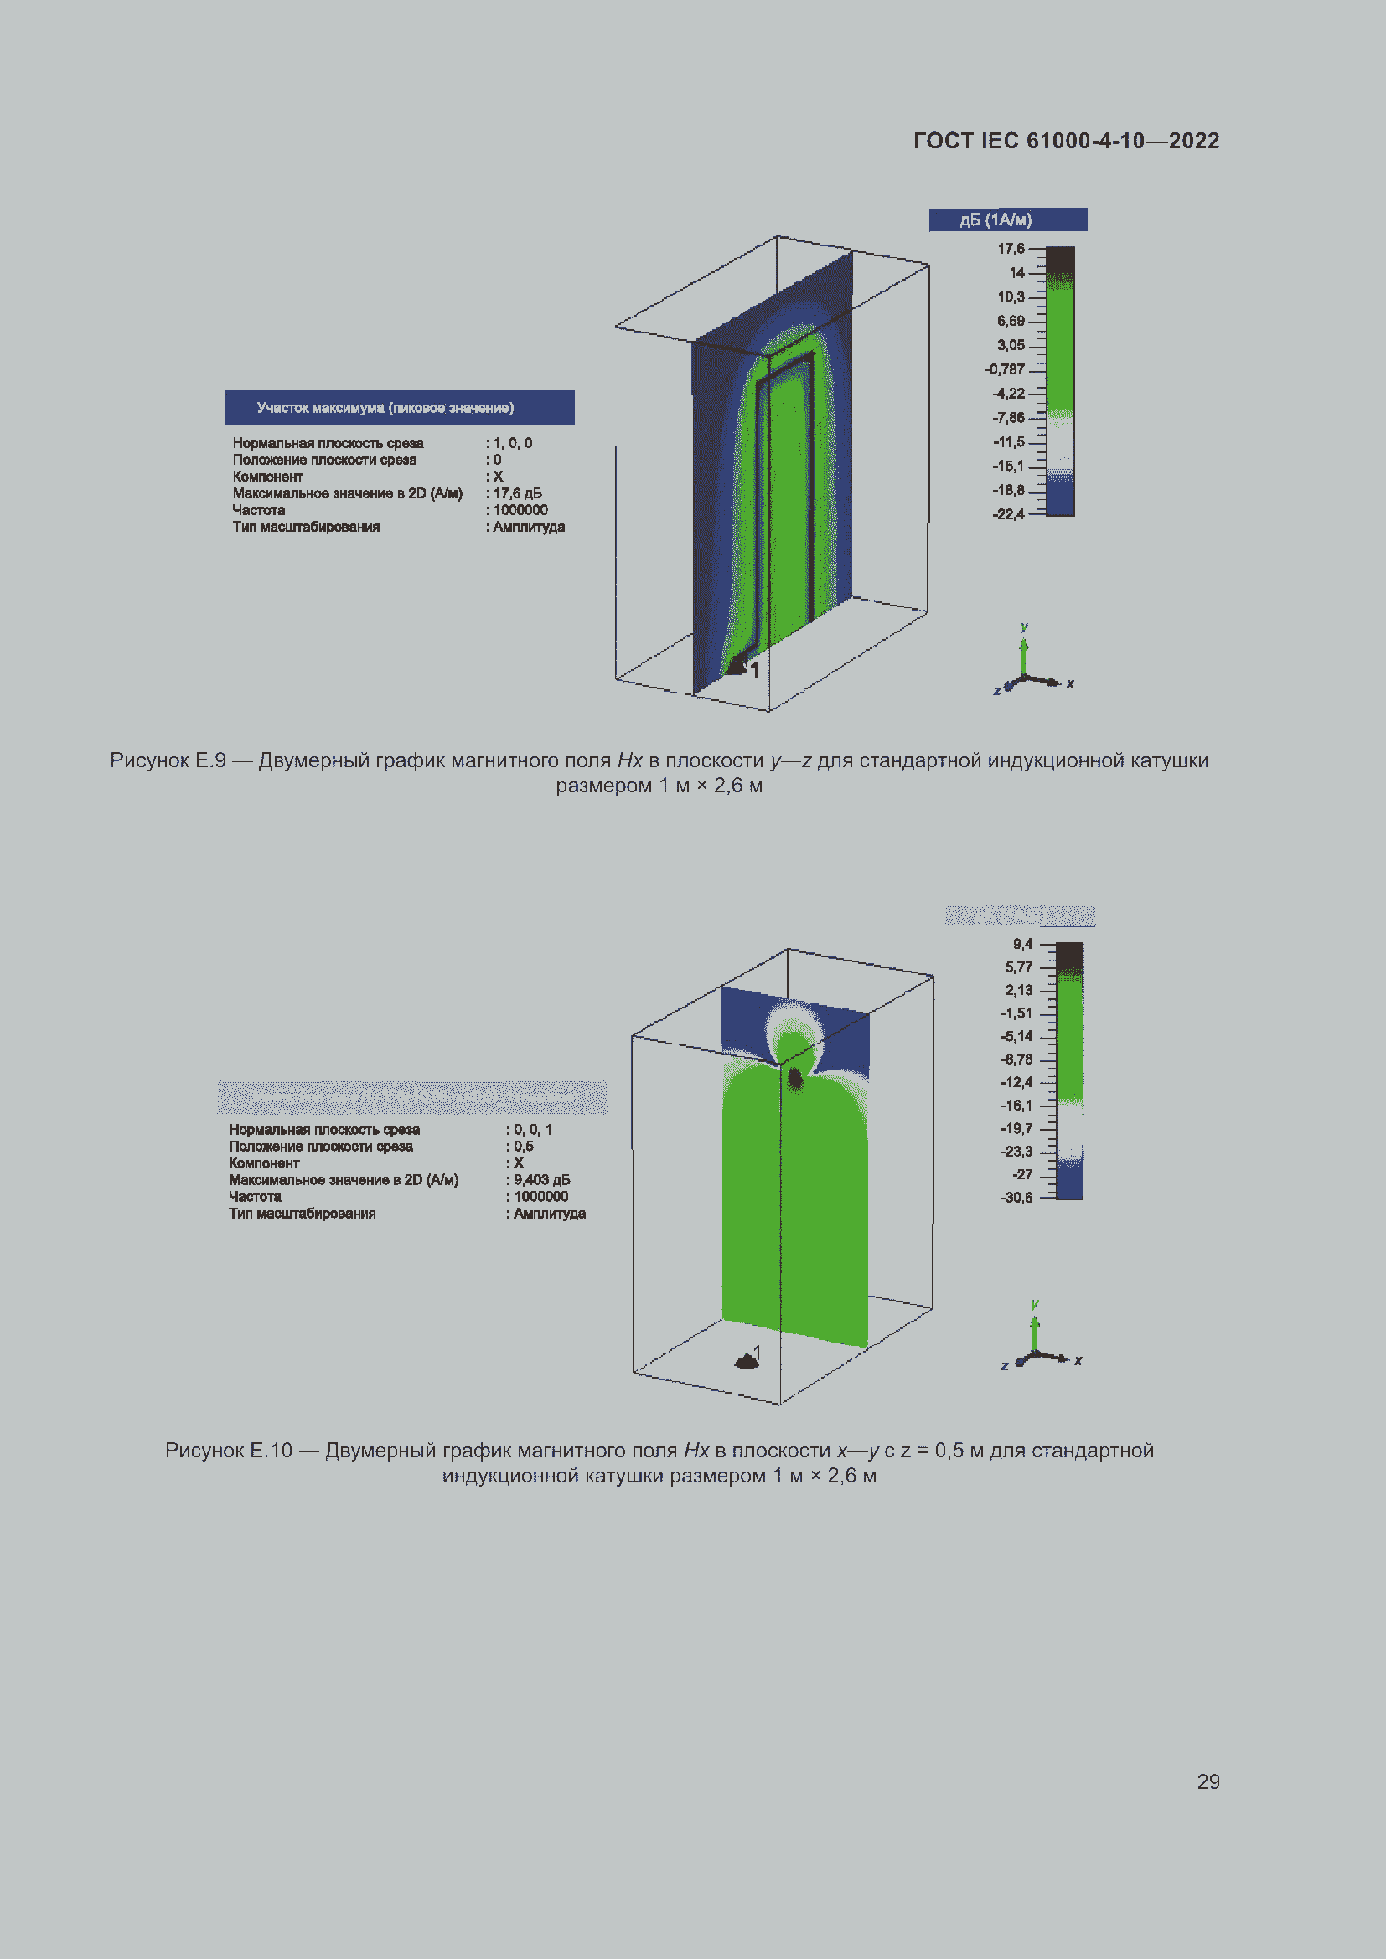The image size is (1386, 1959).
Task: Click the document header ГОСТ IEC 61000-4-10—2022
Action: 1066,141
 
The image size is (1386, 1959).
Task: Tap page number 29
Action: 1208,1781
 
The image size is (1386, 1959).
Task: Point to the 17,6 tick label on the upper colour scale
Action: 1011,249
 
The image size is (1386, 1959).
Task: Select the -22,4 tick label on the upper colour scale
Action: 1008,514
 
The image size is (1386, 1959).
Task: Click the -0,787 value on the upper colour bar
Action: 1005,369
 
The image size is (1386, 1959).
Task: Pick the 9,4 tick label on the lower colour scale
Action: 1021,945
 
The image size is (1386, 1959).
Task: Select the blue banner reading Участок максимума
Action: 400,408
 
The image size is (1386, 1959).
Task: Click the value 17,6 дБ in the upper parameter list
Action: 517,493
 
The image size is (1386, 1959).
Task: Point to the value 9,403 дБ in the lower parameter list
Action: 541,1180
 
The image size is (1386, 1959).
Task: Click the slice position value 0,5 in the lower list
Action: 523,1147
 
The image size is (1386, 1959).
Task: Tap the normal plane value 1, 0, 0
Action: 512,443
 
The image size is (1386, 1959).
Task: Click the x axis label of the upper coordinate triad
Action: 1069,683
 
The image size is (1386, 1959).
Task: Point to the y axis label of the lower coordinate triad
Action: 1034,1304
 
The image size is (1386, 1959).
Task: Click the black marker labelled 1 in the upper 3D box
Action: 737,667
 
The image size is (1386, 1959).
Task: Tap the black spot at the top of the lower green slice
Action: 794,1079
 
